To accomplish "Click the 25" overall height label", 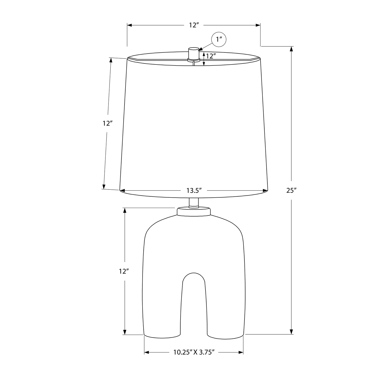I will point(292,190).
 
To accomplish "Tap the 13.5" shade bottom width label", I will point(194,190).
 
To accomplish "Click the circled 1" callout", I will point(219,39).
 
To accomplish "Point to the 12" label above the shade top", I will point(194,25).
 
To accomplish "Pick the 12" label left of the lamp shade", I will point(107,124).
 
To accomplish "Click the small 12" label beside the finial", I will point(211,56).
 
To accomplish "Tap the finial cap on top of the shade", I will point(194,53).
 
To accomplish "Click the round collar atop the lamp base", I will point(194,212).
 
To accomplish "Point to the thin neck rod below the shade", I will point(194,202).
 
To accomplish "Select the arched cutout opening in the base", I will point(194,306).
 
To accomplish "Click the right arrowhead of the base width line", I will point(241,353).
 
